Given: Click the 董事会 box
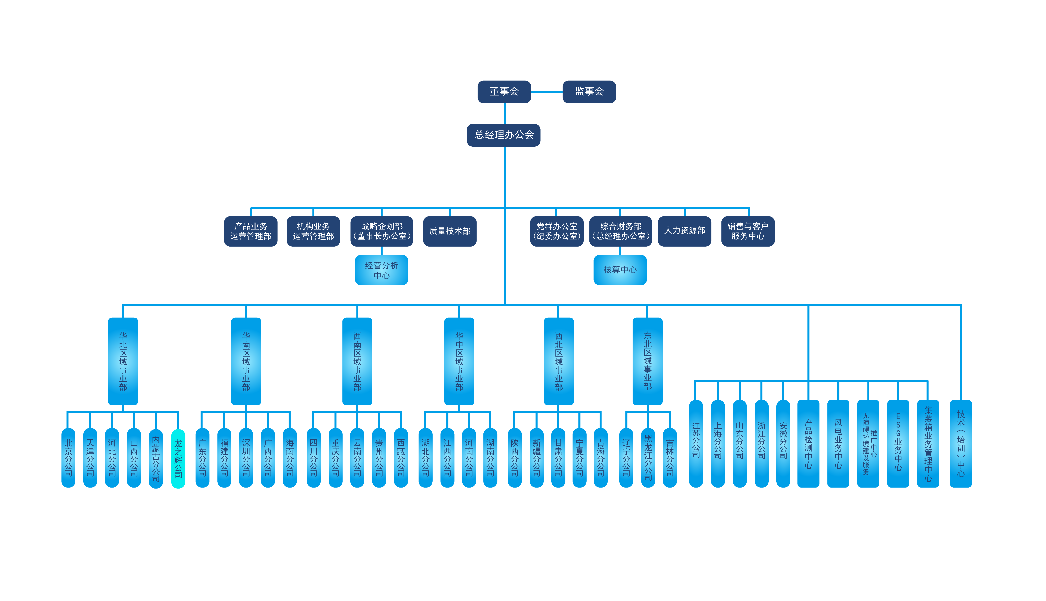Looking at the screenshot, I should click(504, 92).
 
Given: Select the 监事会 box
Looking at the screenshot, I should click(589, 92).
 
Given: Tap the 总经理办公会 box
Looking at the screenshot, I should click(503, 135).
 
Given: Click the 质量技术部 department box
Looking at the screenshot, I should click(450, 231).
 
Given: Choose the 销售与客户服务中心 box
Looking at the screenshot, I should click(748, 231).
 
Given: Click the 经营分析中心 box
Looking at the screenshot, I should click(381, 270).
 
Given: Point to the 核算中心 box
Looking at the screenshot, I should click(620, 270).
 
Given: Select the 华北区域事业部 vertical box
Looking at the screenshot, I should click(123, 361).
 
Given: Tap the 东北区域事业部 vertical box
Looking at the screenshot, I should click(647, 361).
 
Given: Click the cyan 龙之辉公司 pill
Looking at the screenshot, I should click(178, 458).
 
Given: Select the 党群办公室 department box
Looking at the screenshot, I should click(557, 231).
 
